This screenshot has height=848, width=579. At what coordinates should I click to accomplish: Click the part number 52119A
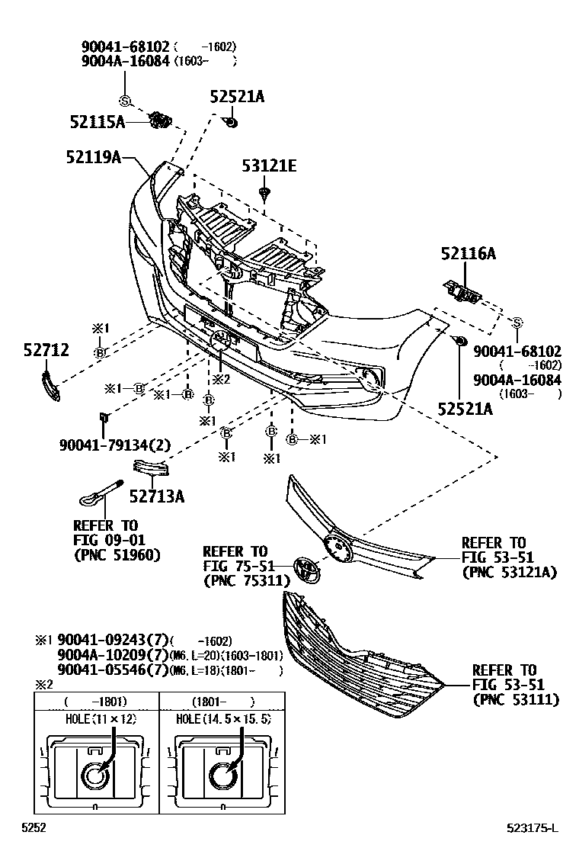(x=94, y=157)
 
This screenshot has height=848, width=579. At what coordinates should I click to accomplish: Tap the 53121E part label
(x=269, y=165)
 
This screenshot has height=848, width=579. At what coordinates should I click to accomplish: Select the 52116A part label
(x=468, y=254)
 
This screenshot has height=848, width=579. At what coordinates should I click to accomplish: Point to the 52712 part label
(x=46, y=350)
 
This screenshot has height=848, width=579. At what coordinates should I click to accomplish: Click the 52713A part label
(x=157, y=497)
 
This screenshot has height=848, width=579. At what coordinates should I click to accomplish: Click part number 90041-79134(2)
(x=114, y=445)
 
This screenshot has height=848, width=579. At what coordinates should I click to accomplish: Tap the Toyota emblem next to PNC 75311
(x=304, y=567)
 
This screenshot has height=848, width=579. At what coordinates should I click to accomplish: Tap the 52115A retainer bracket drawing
(x=160, y=120)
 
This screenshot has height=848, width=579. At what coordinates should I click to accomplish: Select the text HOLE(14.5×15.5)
(x=223, y=719)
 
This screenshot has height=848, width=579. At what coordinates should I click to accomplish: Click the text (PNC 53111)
(x=515, y=699)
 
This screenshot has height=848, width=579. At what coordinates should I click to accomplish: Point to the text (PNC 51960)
(x=117, y=554)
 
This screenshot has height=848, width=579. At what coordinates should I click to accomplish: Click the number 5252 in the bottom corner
(x=34, y=828)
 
